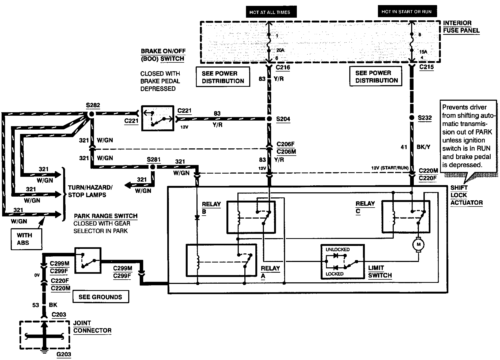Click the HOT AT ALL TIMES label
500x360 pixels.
pos(270,12)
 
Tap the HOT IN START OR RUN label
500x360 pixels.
pos(406,12)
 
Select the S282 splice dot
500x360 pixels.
pos(91,114)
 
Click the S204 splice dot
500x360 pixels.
pos(269,119)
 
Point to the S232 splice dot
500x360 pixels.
pos(412,118)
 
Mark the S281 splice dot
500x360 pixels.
pos(152,167)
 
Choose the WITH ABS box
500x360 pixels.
pos(26,239)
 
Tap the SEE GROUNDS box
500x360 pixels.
pos(100,297)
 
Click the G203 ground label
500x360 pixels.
pos(64,354)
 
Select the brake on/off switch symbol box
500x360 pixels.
pos(158,118)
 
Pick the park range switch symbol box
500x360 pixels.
pos(88,260)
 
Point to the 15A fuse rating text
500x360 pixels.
pos(423,52)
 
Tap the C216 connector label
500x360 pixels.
pos(283,67)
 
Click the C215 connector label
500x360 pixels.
pos(427,67)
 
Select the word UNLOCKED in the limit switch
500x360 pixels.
pos(338,249)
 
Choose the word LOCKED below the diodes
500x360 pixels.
pos(334,274)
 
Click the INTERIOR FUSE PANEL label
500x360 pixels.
pos(461,27)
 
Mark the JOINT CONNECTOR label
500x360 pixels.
pos(92,327)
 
